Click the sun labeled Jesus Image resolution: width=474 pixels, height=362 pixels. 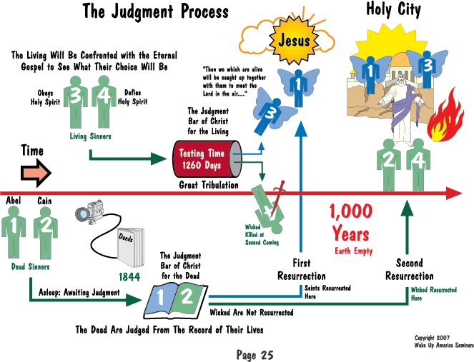294,39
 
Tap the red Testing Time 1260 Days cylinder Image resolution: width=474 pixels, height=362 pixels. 207,159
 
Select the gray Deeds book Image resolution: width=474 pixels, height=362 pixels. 131,248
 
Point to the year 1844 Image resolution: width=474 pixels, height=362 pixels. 129,277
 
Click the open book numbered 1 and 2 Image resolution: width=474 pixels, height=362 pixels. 176,301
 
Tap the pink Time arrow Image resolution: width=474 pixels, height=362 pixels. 36,173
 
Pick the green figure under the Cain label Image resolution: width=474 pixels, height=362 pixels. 46,233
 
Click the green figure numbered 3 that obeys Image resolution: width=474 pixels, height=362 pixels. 76,102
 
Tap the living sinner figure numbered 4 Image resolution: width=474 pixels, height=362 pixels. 104,102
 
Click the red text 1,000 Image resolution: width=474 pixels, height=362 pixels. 350,211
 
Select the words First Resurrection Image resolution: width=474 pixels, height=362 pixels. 302,270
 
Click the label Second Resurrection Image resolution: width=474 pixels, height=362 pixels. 410,270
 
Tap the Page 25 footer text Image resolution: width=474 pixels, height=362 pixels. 255,355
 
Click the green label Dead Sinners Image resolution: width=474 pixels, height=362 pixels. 30,266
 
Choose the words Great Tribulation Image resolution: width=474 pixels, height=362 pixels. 209,185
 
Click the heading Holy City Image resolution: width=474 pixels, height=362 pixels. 393,9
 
